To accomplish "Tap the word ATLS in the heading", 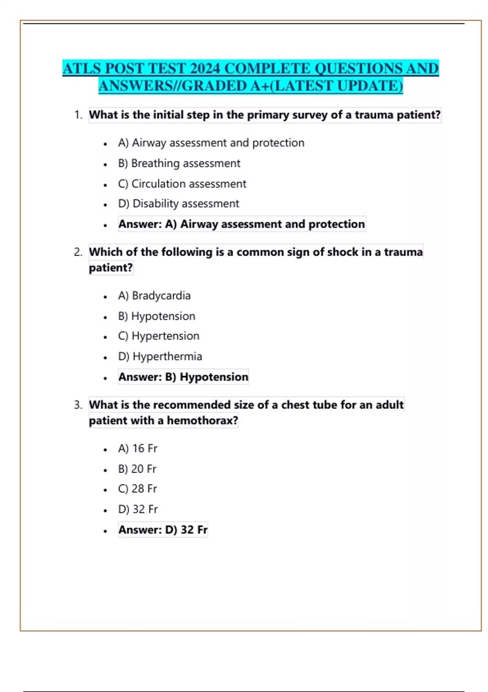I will click(x=82, y=68).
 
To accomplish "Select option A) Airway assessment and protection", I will click(x=211, y=143).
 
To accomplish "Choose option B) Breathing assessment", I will click(x=179, y=163).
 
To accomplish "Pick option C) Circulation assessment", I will click(x=182, y=184).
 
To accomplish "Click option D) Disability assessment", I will click(x=179, y=204).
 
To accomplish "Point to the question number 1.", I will click(x=78, y=115).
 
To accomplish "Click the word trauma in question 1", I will click(x=374, y=115).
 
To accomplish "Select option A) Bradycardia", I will click(x=154, y=296).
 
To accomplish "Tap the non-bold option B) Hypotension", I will click(x=157, y=316).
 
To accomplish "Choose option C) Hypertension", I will click(x=159, y=336).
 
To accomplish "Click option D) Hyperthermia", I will click(x=160, y=357).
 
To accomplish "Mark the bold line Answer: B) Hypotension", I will click(x=183, y=377).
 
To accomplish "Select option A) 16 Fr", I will click(x=137, y=449).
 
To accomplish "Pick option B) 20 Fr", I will click(x=137, y=469).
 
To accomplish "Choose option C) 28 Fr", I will click(x=137, y=489).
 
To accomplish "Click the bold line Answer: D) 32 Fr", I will click(x=163, y=530).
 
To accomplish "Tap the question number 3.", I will click(x=78, y=405).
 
